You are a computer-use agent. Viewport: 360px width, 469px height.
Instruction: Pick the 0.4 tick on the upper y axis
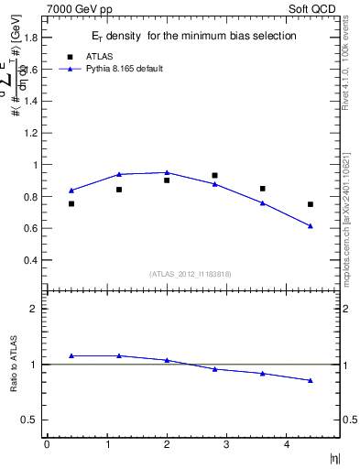(34, 260)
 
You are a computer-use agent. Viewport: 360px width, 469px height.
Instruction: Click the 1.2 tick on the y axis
(34, 134)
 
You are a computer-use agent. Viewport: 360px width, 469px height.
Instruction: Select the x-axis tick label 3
(226, 444)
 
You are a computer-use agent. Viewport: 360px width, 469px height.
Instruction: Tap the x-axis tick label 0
(47, 444)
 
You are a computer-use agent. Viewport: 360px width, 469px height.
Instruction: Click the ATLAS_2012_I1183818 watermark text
(191, 274)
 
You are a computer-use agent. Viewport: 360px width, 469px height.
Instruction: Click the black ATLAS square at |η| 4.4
(311, 204)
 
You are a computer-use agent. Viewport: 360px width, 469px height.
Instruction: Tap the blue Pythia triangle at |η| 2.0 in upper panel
(167, 172)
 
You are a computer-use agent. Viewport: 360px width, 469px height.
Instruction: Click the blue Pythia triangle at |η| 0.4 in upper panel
(71, 191)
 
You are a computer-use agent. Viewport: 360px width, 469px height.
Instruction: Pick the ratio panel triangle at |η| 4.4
(311, 380)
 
